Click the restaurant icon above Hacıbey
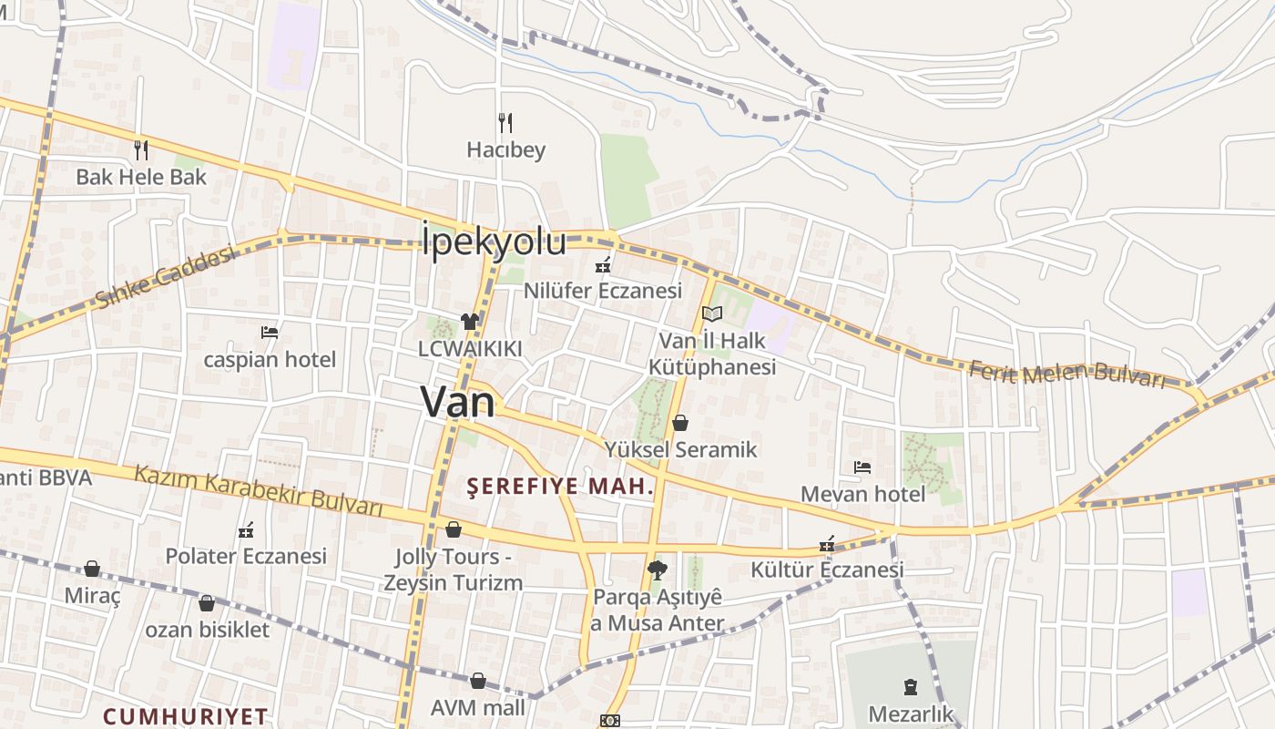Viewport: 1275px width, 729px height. (505, 122)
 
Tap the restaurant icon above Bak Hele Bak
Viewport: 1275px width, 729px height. (141, 149)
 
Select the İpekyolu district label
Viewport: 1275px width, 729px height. (495, 242)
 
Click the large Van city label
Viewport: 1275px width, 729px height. (458, 402)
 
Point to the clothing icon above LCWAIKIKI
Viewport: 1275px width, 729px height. (470, 321)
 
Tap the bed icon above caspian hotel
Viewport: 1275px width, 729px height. (270, 332)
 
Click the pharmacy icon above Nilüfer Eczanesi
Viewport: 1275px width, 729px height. (602, 265)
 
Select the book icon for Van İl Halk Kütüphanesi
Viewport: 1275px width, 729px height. (711, 314)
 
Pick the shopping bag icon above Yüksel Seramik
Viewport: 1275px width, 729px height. (680, 423)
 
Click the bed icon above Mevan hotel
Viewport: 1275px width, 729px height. (862, 467)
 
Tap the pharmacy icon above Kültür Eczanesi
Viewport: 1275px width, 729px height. (827, 544)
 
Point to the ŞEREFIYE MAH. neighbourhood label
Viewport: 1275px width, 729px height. (560, 487)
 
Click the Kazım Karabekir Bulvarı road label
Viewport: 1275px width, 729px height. (258, 490)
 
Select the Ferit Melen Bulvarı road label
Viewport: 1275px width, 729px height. (1066, 375)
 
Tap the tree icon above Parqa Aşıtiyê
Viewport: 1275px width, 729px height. (656, 570)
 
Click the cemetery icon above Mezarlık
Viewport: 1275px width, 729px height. (910, 686)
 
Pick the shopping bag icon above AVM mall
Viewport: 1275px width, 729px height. (478, 681)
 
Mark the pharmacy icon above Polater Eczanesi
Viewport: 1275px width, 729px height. (245, 529)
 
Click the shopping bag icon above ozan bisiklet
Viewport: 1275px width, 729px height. (207, 603)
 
